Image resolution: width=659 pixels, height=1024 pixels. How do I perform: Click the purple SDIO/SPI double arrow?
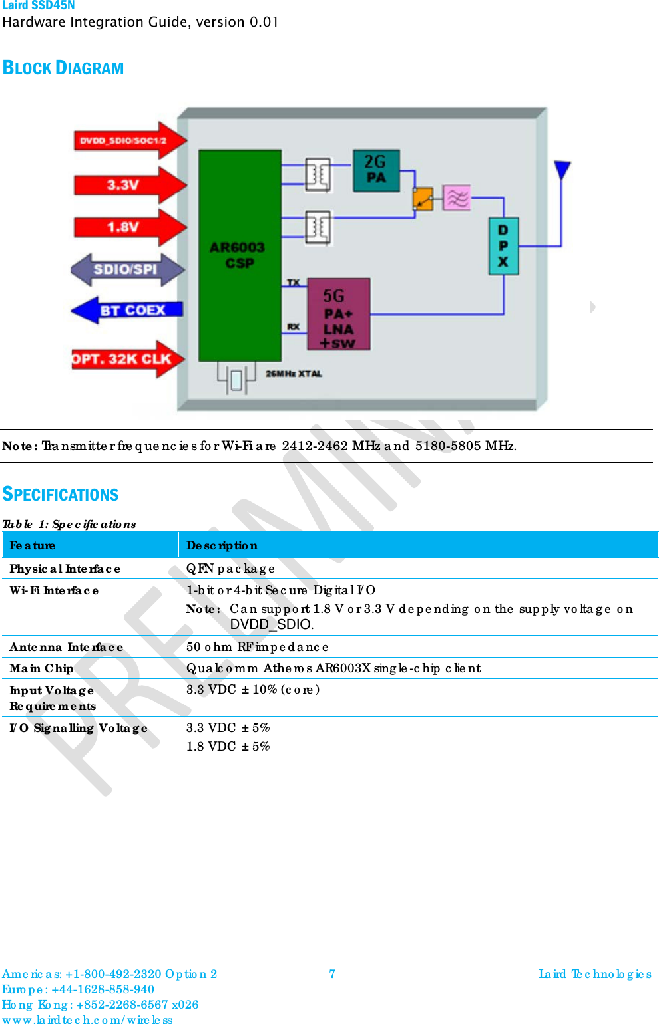click(x=126, y=269)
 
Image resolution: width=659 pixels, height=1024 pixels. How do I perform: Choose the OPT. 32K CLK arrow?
click(x=126, y=359)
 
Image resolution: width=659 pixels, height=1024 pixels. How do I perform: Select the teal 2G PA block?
click(x=376, y=170)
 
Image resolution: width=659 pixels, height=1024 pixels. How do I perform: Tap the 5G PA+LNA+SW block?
click(x=338, y=315)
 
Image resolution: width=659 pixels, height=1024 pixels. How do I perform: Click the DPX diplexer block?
click(x=503, y=246)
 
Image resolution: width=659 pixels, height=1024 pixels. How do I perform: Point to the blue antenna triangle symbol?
click(x=562, y=170)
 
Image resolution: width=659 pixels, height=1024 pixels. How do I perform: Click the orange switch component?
click(x=423, y=198)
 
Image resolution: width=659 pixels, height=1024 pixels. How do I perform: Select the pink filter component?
click(x=457, y=197)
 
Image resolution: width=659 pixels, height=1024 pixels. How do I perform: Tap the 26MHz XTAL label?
click(x=294, y=374)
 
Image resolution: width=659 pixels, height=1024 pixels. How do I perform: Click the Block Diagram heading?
click(x=63, y=68)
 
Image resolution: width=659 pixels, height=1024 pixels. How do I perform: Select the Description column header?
click(x=222, y=545)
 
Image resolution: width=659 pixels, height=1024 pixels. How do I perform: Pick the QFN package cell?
click(x=230, y=569)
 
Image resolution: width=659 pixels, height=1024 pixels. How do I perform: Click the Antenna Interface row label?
click(x=66, y=647)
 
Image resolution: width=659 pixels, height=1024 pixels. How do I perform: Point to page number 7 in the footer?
click(x=332, y=974)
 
